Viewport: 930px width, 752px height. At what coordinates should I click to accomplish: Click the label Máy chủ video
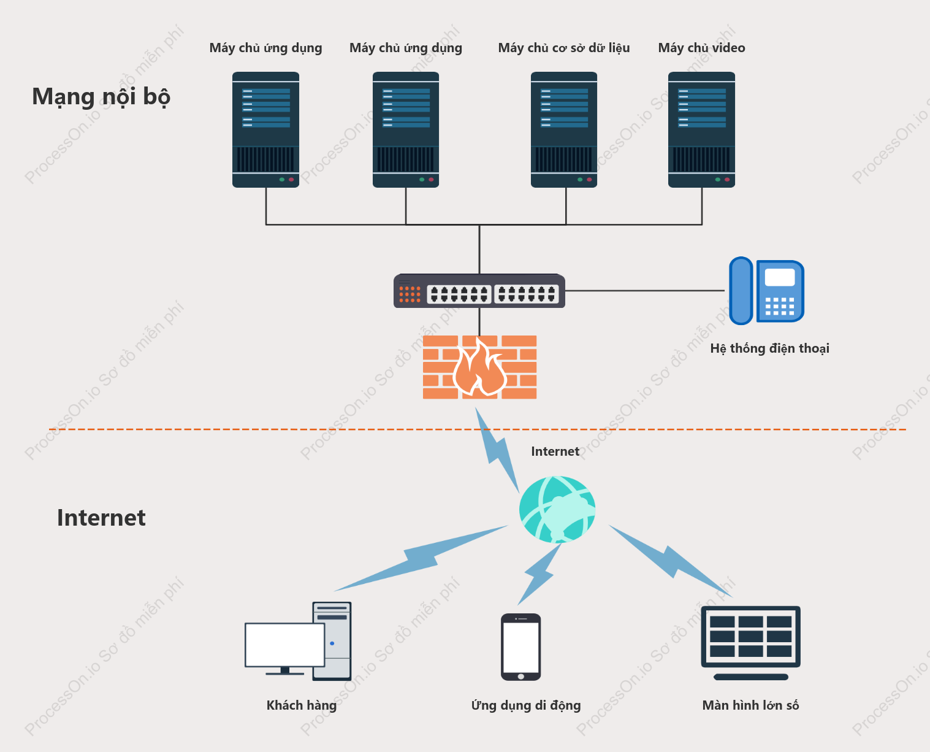[x=701, y=48]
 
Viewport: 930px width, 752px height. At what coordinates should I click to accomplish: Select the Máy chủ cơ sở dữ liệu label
[x=563, y=48]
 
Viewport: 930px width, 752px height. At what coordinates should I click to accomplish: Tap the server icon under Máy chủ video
[x=701, y=129]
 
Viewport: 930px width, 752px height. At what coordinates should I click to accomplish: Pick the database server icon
[x=563, y=129]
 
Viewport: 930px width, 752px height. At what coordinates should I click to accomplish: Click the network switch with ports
[x=479, y=291]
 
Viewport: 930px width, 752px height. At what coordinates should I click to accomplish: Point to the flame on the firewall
[x=479, y=366]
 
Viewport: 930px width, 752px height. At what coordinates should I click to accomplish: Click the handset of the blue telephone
[x=741, y=291]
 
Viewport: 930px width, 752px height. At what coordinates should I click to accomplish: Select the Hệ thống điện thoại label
[x=769, y=348]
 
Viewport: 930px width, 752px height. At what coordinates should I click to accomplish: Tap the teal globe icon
[x=557, y=509]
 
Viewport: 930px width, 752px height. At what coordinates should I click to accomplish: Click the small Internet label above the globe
[x=555, y=451]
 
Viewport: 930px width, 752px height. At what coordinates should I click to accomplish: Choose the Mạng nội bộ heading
[x=101, y=96]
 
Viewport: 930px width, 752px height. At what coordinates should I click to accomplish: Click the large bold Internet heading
[x=101, y=518]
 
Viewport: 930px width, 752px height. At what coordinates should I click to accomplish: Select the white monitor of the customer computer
[x=284, y=645]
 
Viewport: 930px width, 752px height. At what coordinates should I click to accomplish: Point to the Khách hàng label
[x=301, y=705]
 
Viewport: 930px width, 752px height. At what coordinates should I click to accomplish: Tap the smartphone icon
[x=520, y=646]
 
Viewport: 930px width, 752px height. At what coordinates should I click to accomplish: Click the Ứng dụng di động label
[x=525, y=705]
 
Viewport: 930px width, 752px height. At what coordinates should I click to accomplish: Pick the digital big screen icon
[x=750, y=643]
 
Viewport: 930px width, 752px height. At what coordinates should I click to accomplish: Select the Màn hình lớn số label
[x=750, y=705]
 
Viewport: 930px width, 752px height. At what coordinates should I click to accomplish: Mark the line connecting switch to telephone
[x=645, y=290]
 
